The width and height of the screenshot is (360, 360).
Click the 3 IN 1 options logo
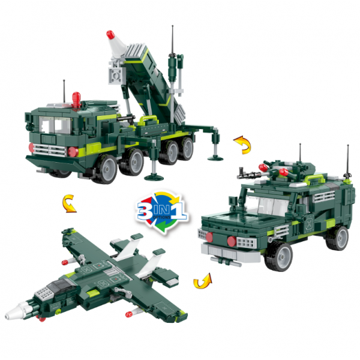tap(163, 211)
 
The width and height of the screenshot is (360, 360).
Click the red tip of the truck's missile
tap(110, 34)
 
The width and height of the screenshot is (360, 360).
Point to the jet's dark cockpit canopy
tap(60, 285)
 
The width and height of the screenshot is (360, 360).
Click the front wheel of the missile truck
tap(105, 169)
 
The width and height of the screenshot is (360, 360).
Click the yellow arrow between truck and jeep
tap(242, 145)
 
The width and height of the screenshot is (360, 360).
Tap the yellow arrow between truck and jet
tap(69, 203)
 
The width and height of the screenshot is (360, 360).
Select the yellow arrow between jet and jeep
tap(203, 281)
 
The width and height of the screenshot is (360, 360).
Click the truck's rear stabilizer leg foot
tap(215, 158)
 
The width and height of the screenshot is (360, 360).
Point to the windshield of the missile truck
tap(55, 125)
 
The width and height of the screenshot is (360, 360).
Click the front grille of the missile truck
tap(50, 150)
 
